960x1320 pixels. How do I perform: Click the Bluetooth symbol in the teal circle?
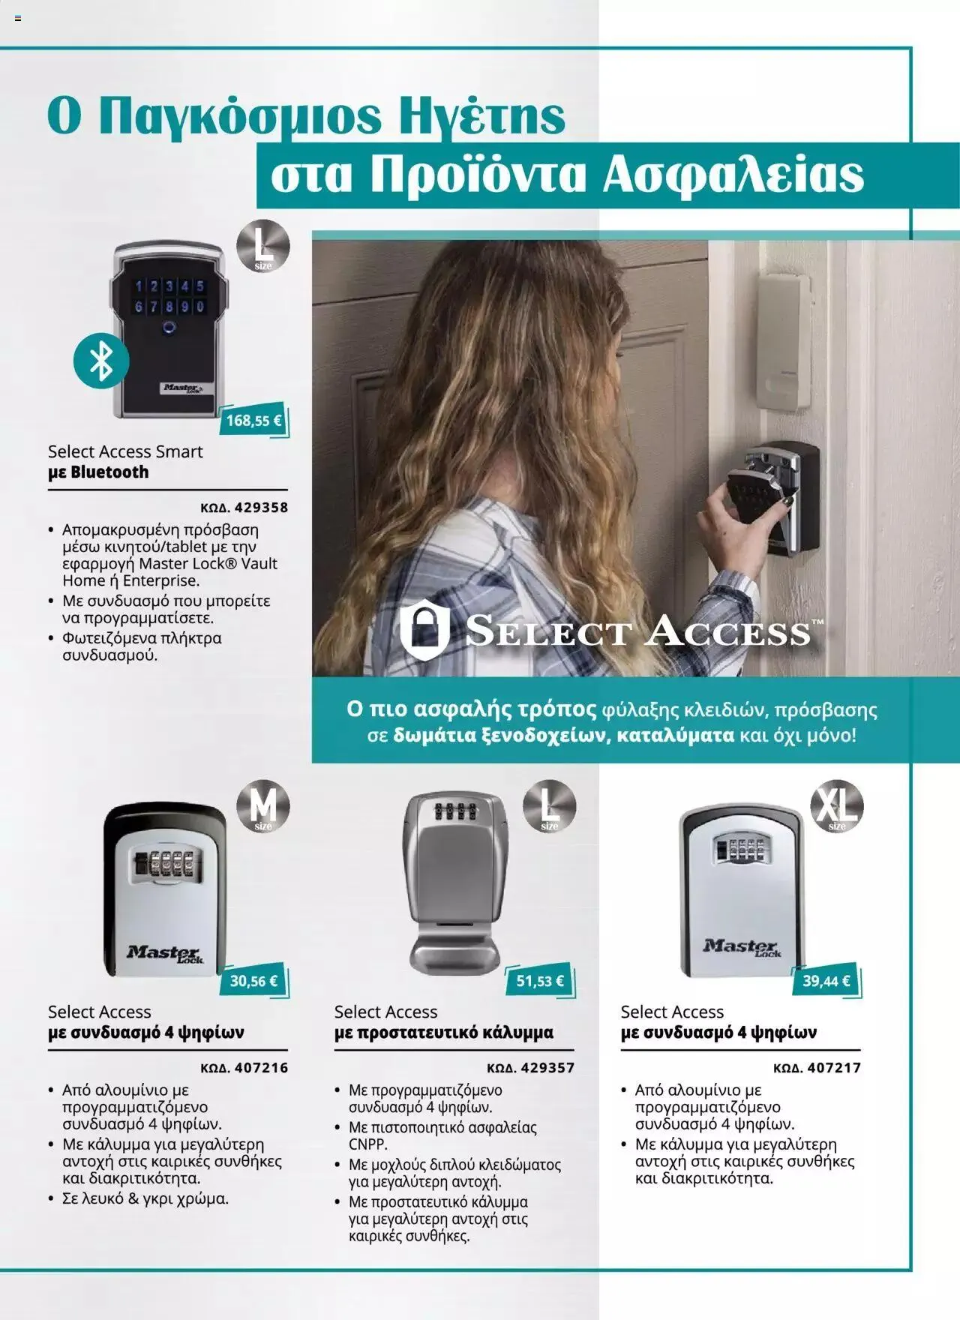coord(101,361)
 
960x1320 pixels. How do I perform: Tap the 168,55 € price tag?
coord(253,421)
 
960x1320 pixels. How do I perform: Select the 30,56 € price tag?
coord(253,981)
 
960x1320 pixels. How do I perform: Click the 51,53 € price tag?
coord(540,981)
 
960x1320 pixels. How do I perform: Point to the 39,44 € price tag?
coord(826,981)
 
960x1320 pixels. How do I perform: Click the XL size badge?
coord(837,807)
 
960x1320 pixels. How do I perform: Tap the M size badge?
coord(263,807)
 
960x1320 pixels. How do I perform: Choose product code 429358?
coord(244,508)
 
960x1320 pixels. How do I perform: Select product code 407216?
coord(244,1068)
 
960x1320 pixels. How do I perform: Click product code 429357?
coord(531,1068)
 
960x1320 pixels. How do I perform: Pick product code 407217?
coord(817,1068)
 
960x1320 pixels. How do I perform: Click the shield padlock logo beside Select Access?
coord(424,628)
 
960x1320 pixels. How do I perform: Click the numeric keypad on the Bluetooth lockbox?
coord(169,296)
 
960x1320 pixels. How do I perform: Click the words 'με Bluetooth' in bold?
coord(98,472)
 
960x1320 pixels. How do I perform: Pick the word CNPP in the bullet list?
coord(368,1144)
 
